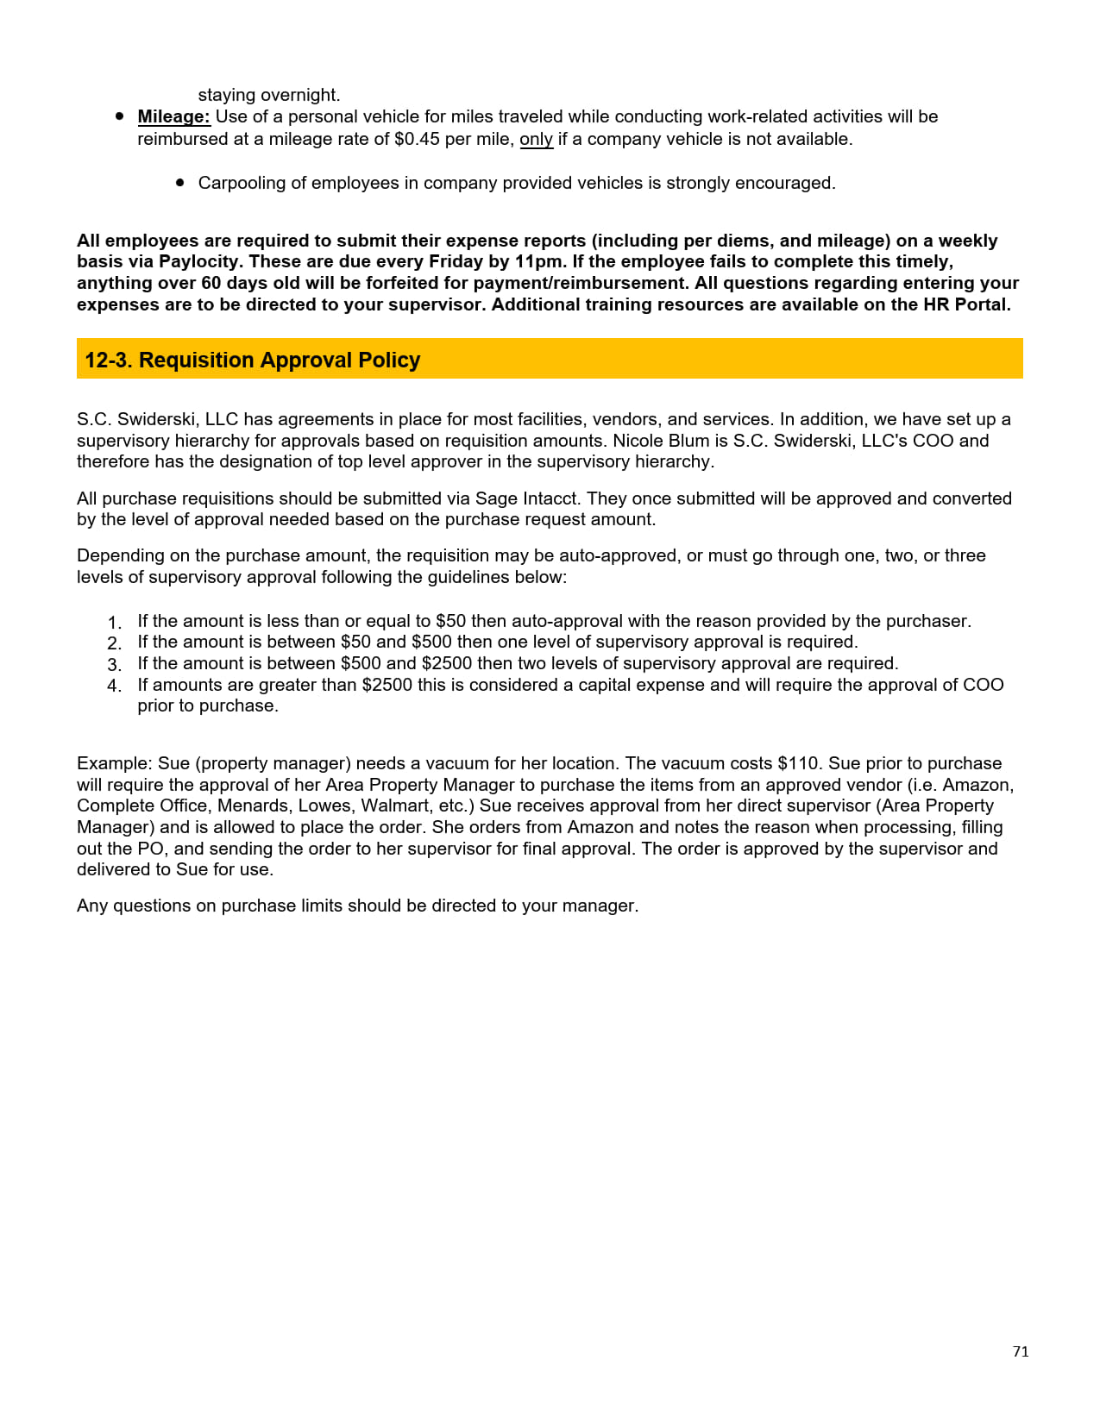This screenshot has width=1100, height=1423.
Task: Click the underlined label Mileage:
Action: coord(173,116)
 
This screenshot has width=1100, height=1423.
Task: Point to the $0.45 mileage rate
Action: coord(417,139)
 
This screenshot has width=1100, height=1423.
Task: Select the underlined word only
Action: coord(536,139)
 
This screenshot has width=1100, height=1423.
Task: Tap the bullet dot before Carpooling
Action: coord(180,183)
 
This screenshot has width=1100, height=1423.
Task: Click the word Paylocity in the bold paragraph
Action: coord(199,261)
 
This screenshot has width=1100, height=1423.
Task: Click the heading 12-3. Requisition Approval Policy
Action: coord(252,360)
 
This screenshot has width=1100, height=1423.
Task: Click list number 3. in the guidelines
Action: coord(115,665)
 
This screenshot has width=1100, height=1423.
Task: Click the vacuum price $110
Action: coord(798,763)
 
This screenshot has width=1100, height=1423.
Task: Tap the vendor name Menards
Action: coord(254,806)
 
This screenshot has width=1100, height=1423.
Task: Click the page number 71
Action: coord(1021,1351)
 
